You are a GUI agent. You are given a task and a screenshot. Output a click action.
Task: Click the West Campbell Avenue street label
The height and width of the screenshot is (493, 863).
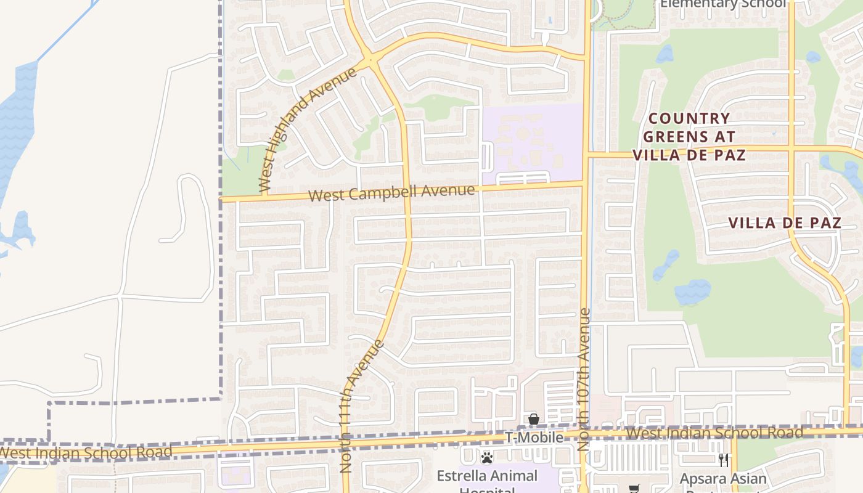(x=391, y=193)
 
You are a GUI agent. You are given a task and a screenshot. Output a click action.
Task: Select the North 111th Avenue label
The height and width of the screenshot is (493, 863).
(x=362, y=407)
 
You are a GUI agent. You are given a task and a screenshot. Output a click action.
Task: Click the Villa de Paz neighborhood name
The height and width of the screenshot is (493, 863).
(x=785, y=223)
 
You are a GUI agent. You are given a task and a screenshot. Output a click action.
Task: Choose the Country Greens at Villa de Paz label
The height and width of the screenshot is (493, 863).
(x=689, y=136)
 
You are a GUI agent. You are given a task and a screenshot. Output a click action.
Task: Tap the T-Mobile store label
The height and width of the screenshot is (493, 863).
(x=534, y=438)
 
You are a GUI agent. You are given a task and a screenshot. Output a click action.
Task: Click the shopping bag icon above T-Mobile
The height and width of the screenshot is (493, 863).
(x=534, y=420)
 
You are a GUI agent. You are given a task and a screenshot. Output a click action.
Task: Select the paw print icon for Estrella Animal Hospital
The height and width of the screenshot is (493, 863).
(x=487, y=458)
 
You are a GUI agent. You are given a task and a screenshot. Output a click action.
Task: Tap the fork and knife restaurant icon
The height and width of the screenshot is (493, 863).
(x=724, y=460)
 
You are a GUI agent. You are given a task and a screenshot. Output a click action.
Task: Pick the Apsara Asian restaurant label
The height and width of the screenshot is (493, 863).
(x=723, y=479)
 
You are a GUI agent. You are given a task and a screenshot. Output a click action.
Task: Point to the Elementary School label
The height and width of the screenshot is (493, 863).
(x=723, y=4)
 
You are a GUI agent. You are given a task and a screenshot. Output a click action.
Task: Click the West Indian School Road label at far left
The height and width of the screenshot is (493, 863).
(x=86, y=452)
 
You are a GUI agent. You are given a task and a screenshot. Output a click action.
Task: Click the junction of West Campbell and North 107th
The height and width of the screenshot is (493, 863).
(x=584, y=182)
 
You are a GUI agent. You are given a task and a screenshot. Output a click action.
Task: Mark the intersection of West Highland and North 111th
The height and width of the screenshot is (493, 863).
(x=372, y=60)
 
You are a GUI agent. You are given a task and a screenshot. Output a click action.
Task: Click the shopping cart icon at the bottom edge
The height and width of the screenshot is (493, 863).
(x=634, y=489)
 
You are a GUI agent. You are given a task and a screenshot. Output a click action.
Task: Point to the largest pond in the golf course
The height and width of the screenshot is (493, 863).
(x=693, y=292)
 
